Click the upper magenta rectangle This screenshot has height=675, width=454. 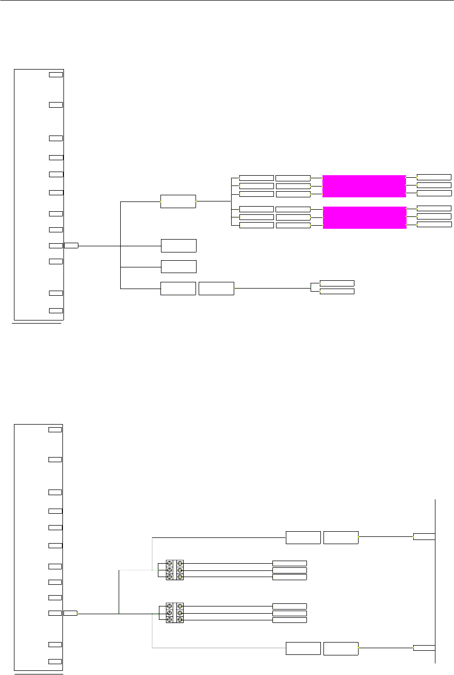(x=364, y=186)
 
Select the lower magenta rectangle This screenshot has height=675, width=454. (x=364, y=218)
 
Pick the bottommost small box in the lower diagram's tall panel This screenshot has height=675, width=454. (x=55, y=662)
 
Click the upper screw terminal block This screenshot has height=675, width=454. (x=175, y=570)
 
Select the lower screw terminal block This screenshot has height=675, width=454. (x=175, y=613)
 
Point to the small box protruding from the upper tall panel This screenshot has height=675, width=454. (x=71, y=245)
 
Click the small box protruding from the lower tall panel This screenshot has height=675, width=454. (x=70, y=613)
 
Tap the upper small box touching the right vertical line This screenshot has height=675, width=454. (x=424, y=537)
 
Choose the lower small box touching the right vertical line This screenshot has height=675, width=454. (x=424, y=648)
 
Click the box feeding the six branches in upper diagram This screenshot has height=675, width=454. (x=178, y=201)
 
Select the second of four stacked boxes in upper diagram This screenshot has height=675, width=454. (x=179, y=245)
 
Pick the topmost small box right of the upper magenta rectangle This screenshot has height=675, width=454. (x=434, y=177)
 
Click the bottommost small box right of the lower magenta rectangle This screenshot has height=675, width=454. (x=434, y=224)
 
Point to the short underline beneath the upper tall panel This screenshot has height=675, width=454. (x=36, y=325)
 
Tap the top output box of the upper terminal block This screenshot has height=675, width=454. (x=289, y=563)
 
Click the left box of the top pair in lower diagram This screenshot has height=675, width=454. (x=303, y=537)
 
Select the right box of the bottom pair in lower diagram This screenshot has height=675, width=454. (x=340, y=649)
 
